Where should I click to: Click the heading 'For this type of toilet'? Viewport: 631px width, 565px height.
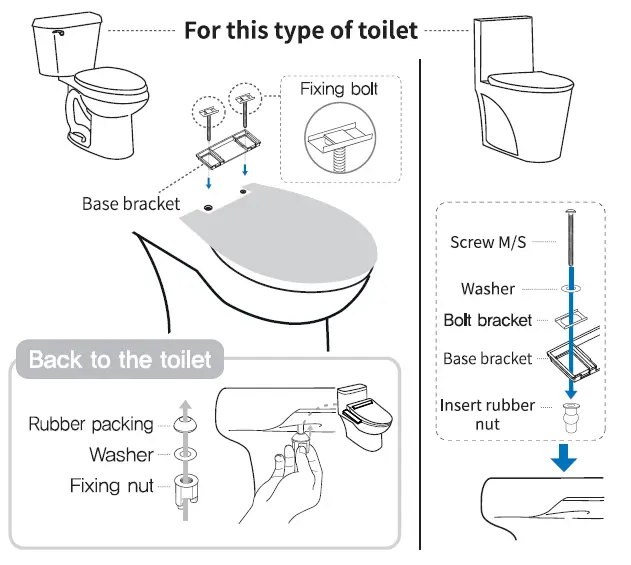tap(300, 29)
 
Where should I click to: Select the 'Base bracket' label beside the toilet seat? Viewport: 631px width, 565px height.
tap(131, 203)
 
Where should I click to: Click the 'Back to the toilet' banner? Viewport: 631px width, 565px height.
tap(120, 359)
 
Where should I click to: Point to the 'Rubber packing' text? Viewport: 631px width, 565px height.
tap(91, 423)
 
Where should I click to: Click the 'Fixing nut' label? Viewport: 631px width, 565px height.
tap(112, 487)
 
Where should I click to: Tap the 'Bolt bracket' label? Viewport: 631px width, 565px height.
tap(488, 320)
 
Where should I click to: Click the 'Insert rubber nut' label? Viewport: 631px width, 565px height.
tap(487, 415)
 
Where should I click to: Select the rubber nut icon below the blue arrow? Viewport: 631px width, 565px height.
tap(572, 412)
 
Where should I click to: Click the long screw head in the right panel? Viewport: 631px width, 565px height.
tap(571, 213)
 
